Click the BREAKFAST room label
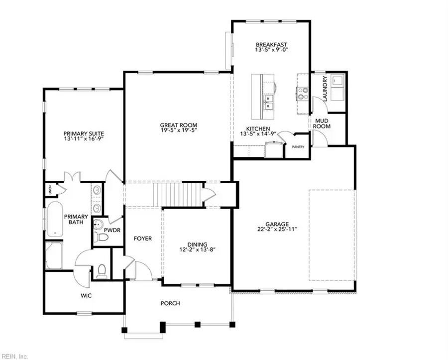pos(271,44)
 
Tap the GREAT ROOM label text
pos(178,125)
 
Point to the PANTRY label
pos(298,147)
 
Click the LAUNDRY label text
pos(325,89)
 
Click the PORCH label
pos(170,303)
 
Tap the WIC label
pos(86,295)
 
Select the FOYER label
pos(142,239)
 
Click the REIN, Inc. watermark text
pos(15,356)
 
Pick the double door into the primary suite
pos(73,177)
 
